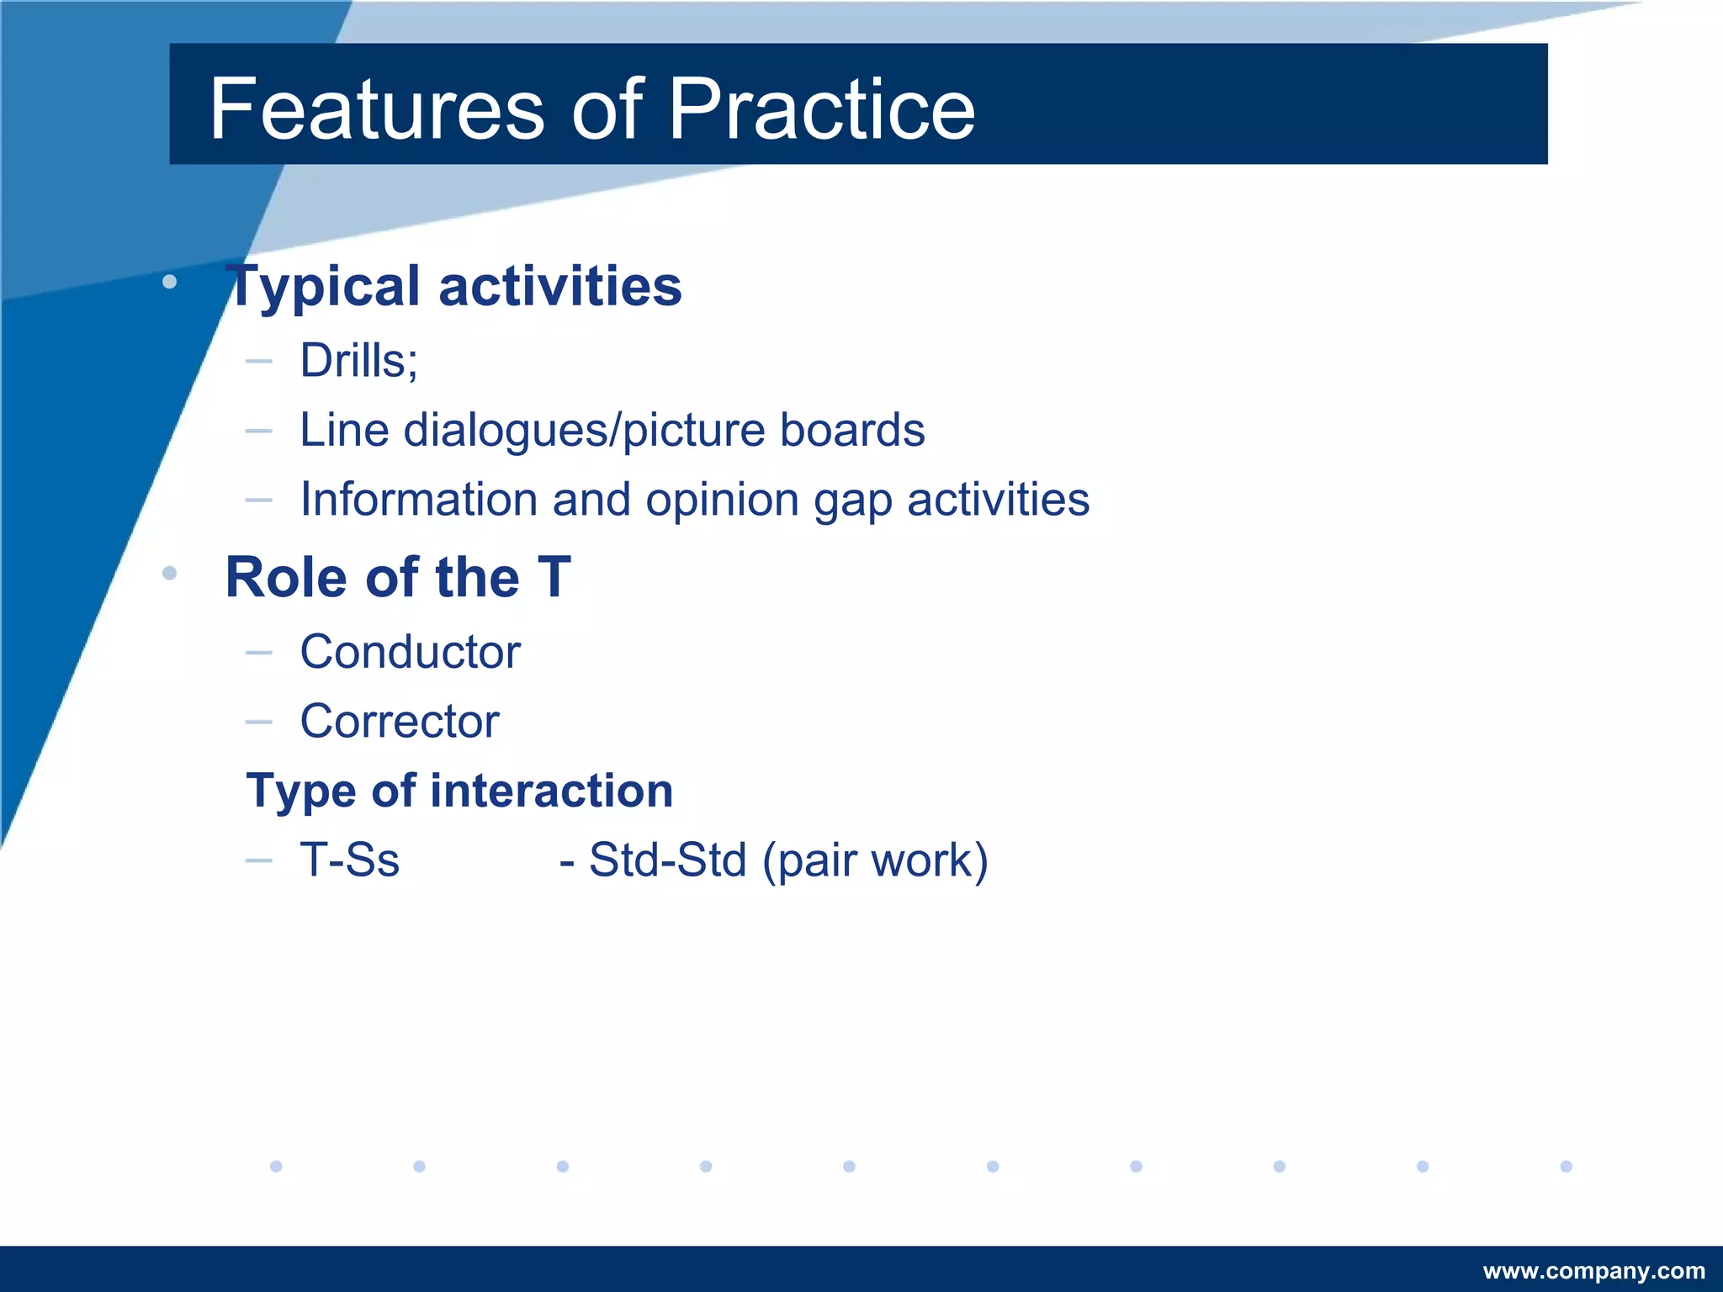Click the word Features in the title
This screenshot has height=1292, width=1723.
(377, 109)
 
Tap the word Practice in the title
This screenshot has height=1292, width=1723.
(821, 109)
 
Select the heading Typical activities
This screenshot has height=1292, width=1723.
(454, 286)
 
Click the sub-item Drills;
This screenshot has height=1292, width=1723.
(359, 361)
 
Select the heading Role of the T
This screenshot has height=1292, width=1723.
(398, 578)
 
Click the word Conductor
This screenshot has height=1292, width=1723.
(410, 652)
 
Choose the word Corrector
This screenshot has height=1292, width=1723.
(400, 722)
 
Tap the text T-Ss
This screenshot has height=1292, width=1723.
(349, 860)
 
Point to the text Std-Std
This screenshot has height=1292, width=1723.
(667, 860)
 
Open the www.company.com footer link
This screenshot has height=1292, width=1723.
(1593, 1271)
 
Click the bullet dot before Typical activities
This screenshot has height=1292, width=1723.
(169, 282)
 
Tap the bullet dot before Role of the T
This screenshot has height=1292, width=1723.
(169, 574)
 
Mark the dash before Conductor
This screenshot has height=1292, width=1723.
(258, 652)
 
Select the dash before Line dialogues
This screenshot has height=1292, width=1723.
(258, 431)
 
